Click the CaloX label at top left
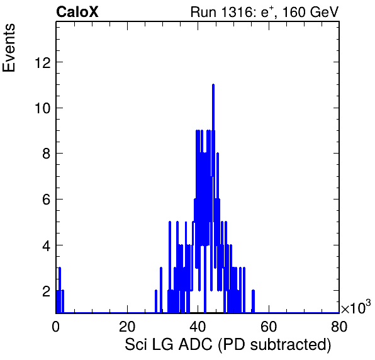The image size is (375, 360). pyautogui.click(x=77, y=12)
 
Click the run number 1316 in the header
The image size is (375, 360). pyautogui.click(x=236, y=12)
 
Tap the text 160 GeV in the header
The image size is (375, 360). pyautogui.click(x=310, y=12)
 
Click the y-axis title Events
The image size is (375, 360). pyautogui.click(x=9, y=48)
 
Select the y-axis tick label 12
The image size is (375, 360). pyautogui.click(x=43, y=63)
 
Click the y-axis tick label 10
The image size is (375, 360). pyautogui.click(x=43, y=108)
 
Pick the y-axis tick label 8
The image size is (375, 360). pyautogui.click(x=47, y=154)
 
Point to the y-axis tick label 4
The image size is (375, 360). pyautogui.click(x=47, y=245)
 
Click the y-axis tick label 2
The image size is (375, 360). pyautogui.click(x=47, y=291)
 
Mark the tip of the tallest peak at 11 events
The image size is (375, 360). pyautogui.click(x=213, y=84)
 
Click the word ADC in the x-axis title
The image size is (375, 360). pyautogui.click(x=196, y=345)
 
